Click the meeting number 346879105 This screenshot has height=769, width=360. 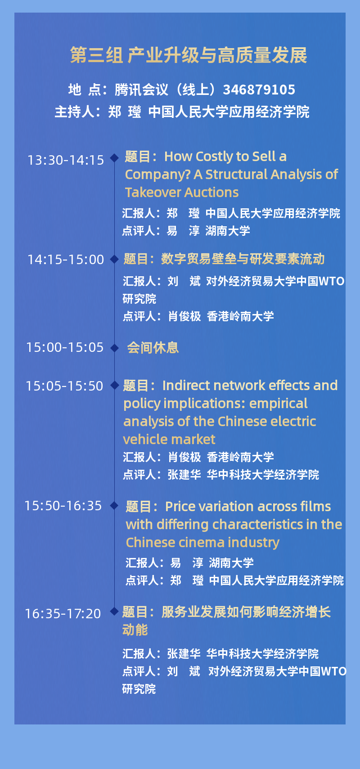click(259, 90)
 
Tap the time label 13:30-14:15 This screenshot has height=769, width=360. click(66, 160)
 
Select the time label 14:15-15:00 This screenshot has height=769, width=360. click(66, 260)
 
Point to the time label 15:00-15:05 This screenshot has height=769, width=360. click(65, 347)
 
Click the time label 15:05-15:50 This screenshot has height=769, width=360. click(64, 386)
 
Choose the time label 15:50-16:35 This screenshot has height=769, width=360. click(63, 506)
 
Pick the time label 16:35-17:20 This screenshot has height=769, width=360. click(63, 614)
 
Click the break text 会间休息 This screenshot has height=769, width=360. click(153, 348)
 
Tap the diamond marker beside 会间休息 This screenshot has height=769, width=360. click(114, 348)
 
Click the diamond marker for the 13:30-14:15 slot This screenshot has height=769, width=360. click(114, 158)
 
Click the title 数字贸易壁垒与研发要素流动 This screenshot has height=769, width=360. click(243, 259)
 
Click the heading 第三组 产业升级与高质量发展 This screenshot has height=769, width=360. click(189, 55)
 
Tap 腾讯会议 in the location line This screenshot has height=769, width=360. click(141, 90)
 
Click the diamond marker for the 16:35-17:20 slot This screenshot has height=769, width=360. click(114, 612)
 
